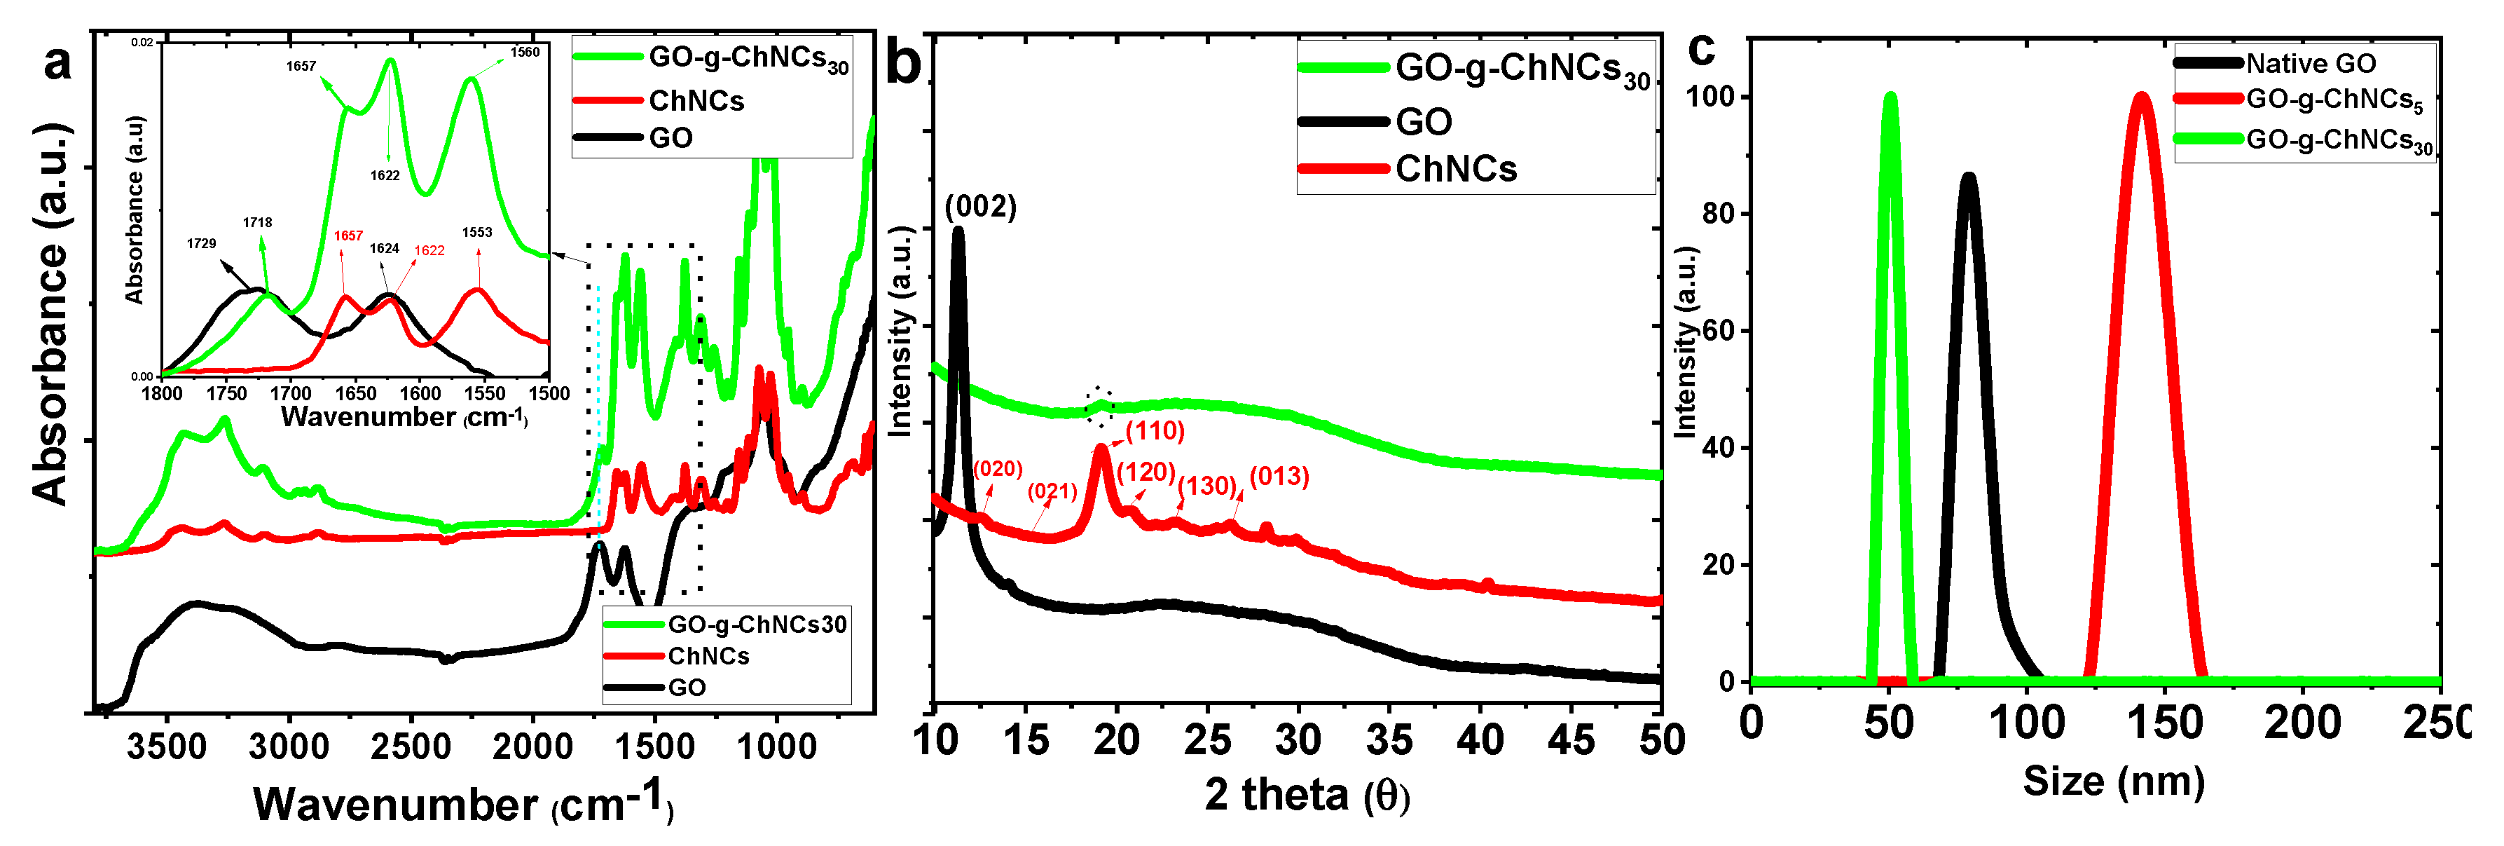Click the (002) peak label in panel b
pos(980,206)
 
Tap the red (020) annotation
pos(997,469)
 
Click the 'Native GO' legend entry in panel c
pos(2310,64)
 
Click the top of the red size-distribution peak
pos(2140,97)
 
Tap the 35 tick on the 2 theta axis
pos(1388,741)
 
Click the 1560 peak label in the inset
pos(525,53)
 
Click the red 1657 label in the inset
pos(348,236)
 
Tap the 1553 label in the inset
pos(476,233)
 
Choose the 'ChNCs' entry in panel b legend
pos(1455,169)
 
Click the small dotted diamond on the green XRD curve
pos(1099,406)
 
